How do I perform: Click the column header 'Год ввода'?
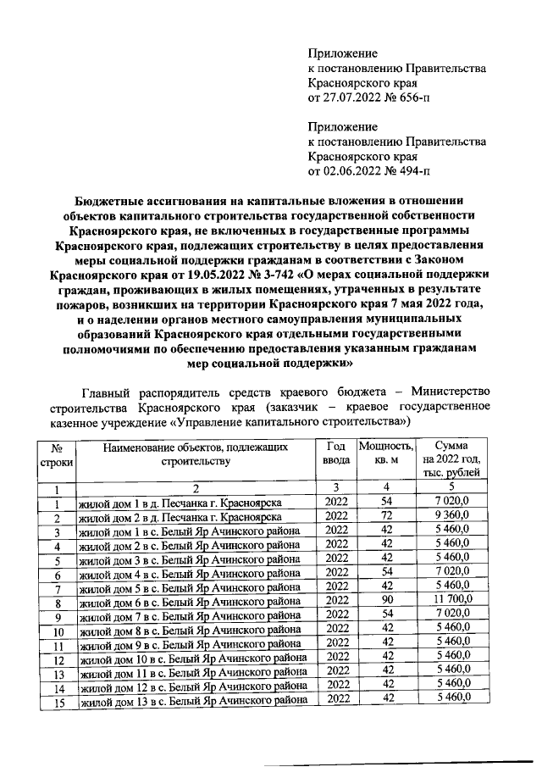[x=335, y=453]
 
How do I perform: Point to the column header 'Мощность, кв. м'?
[x=385, y=453]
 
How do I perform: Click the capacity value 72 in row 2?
[x=386, y=517]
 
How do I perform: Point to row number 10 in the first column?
[x=55, y=631]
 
